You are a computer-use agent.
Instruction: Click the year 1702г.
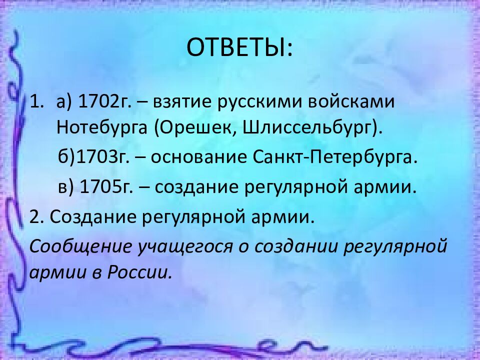[x=104, y=101]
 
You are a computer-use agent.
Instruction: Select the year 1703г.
[x=102, y=157]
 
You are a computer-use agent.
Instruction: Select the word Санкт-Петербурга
[x=335, y=157]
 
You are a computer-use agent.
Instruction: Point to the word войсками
[x=351, y=101]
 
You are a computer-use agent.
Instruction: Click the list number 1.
[x=35, y=101]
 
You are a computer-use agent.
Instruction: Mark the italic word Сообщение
[x=80, y=246]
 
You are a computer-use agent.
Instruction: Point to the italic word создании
[x=295, y=246]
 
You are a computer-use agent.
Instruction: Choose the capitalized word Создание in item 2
[x=93, y=216]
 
